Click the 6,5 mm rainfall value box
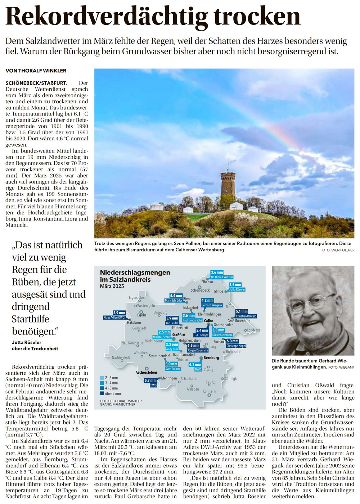(193, 346)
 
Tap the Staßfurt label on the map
(179, 335)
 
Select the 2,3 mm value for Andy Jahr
(172, 345)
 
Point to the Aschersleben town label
(146, 372)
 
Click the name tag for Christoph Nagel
(236, 346)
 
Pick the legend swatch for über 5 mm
(102, 393)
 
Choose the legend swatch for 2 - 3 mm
(102, 378)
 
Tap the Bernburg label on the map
(211, 358)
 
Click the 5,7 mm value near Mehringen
(150, 381)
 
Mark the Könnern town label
(209, 391)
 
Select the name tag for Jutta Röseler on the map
(237, 289)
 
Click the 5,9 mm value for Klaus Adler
(119, 313)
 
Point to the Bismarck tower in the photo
(228, 187)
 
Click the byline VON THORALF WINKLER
(36, 71)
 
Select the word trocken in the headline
(257, 16)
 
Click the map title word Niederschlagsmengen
(135, 273)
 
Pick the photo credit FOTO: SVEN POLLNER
(337, 250)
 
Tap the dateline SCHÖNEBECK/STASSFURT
(36, 83)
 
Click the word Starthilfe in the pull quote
(30, 319)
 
